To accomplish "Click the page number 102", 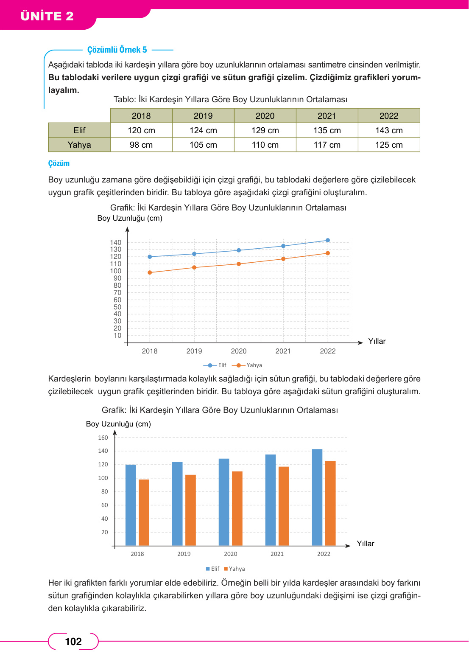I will click(x=73, y=641).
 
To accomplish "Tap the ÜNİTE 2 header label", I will click(x=47, y=16).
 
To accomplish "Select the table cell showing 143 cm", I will click(x=389, y=130).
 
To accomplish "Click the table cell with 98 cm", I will click(x=141, y=145).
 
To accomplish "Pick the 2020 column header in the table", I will click(x=265, y=116).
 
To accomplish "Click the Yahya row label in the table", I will click(x=79, y=145).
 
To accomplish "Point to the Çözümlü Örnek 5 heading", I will click(x=117, y=50).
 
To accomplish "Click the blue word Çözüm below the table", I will click(x=59, y=163).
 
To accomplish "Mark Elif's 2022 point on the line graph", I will click(x=327, y=240).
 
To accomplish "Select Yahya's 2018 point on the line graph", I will click(x=150, y=272).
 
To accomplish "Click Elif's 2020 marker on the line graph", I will click(x=239, y=250).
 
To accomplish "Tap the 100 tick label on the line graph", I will click(x=116, y=271).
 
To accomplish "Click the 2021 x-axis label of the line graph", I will click(x=283, y=351).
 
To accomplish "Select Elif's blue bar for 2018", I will click(x=131, y=505).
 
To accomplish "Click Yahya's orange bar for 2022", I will click(x=330, y=503).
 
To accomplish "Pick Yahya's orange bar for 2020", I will click(x=237, y=508).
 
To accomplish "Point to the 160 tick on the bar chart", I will click(x=103, y=438).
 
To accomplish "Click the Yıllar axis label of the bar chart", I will click(x=365, y=544).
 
